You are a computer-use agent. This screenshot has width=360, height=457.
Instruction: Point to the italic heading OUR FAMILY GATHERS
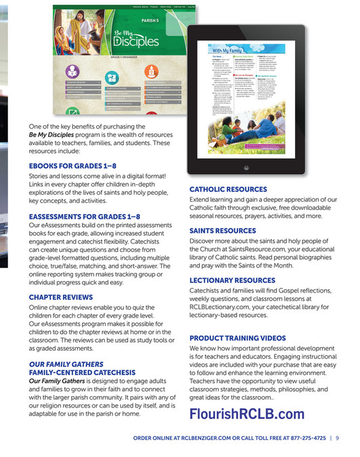click(x=66, y=364)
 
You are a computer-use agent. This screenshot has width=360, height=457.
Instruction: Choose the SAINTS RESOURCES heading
click(x=222, y=231)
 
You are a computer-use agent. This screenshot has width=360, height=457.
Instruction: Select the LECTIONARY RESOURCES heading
click(x=232, y=280)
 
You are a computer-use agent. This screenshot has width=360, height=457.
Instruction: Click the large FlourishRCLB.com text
click(x=247, y=414)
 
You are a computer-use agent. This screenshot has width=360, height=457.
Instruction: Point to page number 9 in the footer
click(x=337, y=438)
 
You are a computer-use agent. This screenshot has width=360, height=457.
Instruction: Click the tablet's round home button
click(x=265, y=167)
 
